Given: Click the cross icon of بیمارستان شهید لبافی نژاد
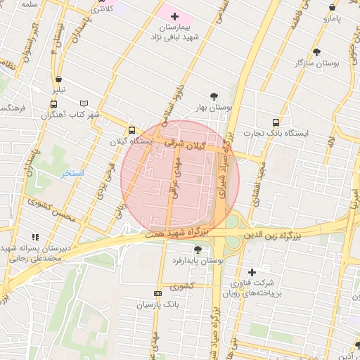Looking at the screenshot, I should pos(175,15).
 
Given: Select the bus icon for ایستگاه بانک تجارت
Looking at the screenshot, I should pos(275,122).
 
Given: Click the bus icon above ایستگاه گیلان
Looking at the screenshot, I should pos(131,130).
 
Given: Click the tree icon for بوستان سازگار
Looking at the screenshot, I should pos(316,52).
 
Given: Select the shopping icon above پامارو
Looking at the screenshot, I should pos(332,8).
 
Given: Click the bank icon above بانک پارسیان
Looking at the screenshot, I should pos(157,293).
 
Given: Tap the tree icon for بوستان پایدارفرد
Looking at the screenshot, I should pos(198,250).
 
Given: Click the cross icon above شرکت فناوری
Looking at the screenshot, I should pos(252,272).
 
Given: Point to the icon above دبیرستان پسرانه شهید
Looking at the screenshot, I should pos(35,237).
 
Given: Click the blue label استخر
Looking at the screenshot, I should pos(72,173).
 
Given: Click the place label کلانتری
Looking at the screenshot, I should pos(101,9).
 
